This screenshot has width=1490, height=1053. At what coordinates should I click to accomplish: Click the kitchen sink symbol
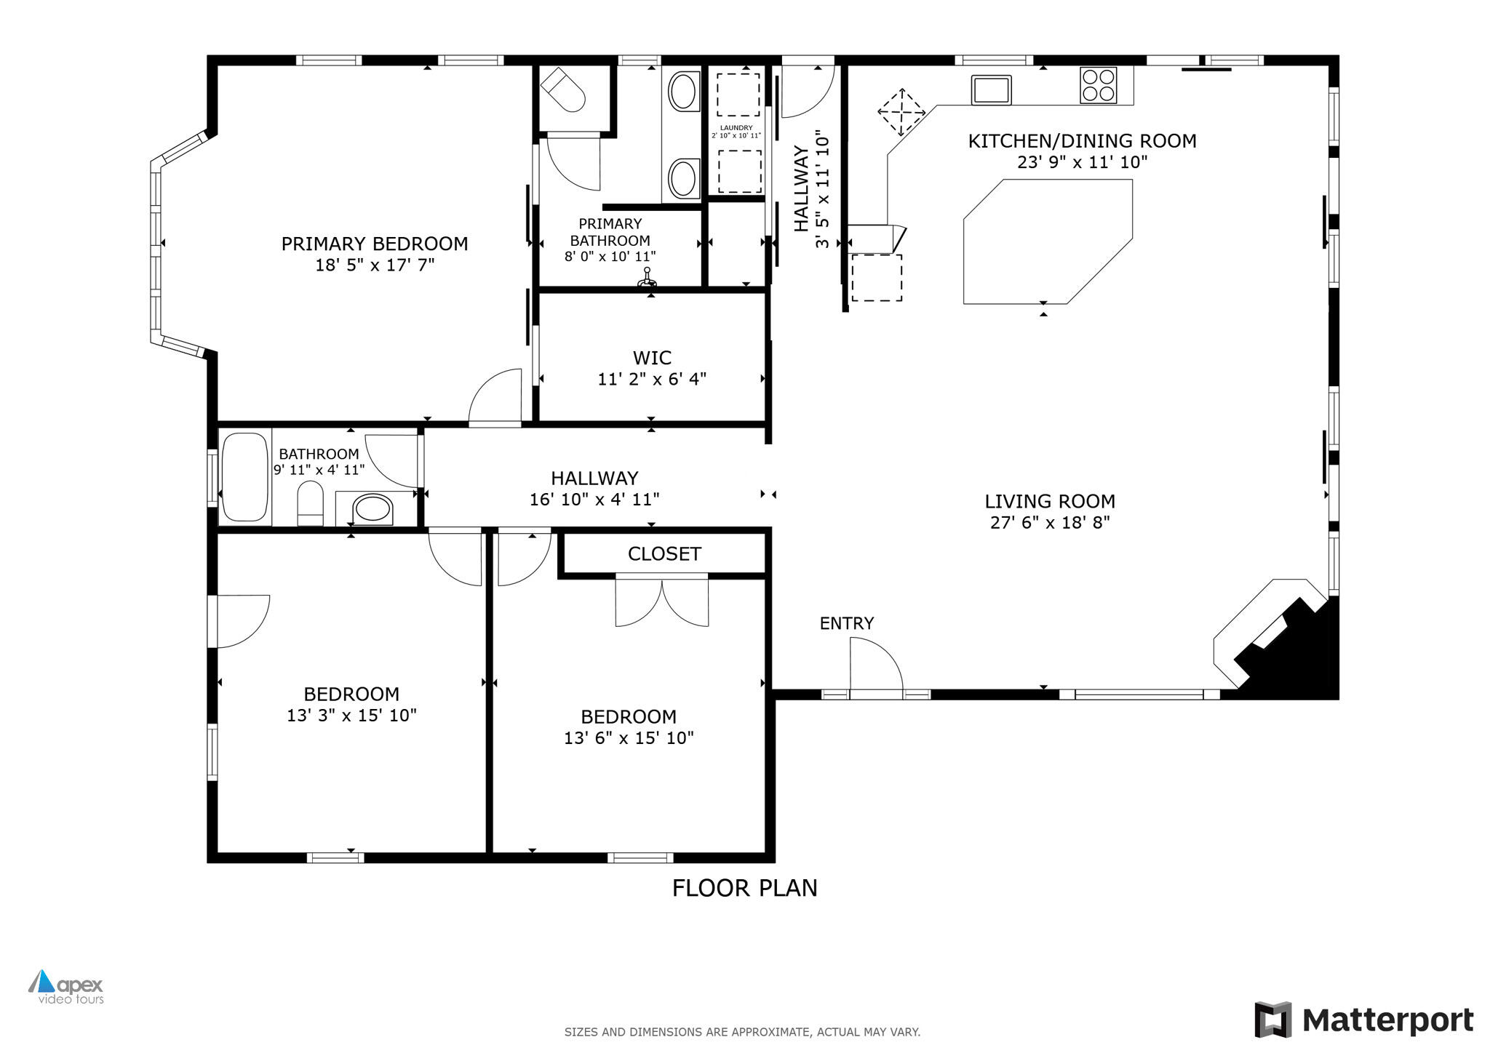[x=991, y=89]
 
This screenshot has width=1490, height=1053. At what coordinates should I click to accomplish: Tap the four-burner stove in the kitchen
[x=1098, y=85]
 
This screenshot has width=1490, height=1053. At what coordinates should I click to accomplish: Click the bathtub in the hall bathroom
[x=245, y=477]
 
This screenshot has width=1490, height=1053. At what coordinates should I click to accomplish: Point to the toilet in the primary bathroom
[x=563, y=90]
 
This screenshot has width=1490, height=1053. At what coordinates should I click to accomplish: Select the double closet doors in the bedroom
[x=662, y=600]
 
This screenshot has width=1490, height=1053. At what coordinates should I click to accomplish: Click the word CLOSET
[x=664, y=554]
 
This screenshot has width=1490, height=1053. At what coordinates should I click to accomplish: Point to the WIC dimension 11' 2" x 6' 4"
[x=652, y=379]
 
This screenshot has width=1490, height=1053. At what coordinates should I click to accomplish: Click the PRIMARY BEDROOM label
[x=375, y=244]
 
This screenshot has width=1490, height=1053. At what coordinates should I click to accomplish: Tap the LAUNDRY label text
[x=736, y=128]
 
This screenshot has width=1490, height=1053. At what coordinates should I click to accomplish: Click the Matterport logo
[x=1364, y=1020]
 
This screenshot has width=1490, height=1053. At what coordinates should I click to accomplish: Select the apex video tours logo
[x=66, y=987]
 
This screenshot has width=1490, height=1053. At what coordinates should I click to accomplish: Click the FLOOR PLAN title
[x=744, y=888]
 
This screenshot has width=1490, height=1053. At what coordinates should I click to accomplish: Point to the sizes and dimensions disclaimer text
[x=742, y=1032]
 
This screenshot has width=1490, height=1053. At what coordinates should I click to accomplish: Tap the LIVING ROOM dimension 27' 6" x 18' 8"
[x=1050, y=522]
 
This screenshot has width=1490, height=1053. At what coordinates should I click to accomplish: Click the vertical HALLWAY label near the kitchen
[x=801, y=189]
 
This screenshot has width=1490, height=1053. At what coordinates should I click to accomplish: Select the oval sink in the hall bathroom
[x=372, y=508]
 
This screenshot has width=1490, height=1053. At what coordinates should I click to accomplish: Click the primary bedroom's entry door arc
[x=496, y=396]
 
